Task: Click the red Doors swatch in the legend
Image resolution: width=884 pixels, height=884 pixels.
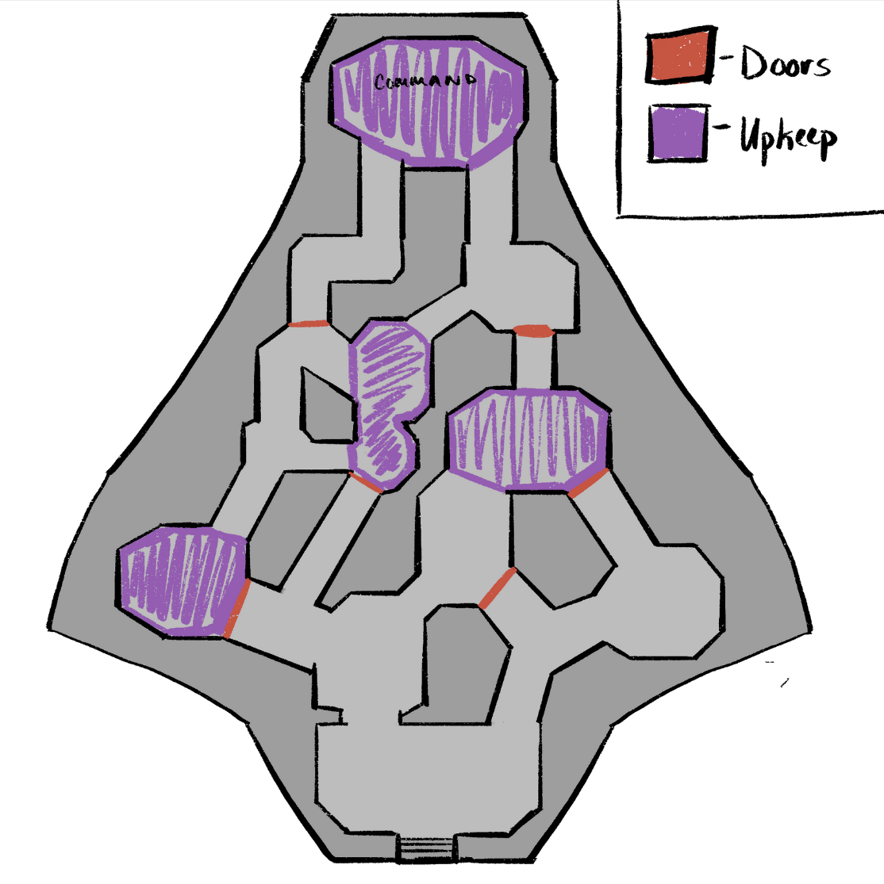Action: (681, 55)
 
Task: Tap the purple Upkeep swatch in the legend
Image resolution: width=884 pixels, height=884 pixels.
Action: (678, 132)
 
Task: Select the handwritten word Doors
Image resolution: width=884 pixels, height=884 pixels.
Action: (786, 63)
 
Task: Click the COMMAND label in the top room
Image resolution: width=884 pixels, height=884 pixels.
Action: (425, 81)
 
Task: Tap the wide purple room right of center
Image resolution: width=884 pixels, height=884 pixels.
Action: (528, 440)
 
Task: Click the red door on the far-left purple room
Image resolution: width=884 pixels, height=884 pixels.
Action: (238, 609)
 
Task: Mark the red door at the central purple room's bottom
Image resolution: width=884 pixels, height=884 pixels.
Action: (366, 482)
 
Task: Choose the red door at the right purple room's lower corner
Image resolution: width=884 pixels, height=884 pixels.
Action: (588, 483)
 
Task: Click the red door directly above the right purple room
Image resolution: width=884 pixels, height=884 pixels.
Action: (532, 331)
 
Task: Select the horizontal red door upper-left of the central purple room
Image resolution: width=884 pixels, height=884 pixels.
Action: (309, 323)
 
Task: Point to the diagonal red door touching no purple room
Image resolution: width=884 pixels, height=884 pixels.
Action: (498, 588)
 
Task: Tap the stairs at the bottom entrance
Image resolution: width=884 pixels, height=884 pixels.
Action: (428, 848)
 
